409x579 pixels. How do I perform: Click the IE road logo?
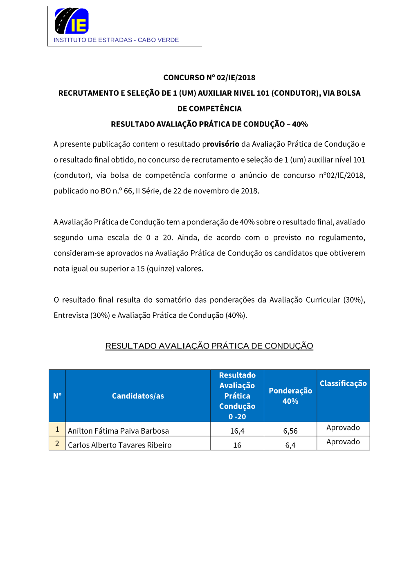click(x=72, y=21)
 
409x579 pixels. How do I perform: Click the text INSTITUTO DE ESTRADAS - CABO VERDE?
click(x=116, y=40)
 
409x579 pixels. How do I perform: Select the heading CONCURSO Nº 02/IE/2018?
click(x=209, y=78)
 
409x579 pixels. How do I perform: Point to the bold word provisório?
click(x=220, y=144)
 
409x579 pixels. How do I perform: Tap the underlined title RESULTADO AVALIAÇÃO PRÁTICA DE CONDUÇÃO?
click(x=209, y=346)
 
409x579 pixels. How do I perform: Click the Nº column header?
click(x=57, y=396)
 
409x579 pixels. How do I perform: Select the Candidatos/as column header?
click(x=138, y=396)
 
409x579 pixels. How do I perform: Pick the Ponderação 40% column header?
click(x=290, y=396)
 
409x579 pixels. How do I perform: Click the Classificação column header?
click(x=343, y=384)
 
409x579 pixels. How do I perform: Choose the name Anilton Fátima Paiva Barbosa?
click(x=118, y=431)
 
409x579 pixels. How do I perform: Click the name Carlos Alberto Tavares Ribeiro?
click(x=120, y=445)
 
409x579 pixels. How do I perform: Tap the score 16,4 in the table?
click(x=237, y=431)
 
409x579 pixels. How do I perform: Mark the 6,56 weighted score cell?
click(x=290, y=431)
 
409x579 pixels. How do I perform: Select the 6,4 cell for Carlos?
click(x=290, y=445)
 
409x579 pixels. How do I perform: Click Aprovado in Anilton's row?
click(x=343, y=427)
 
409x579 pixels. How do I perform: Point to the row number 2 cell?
click(x=57, y=443)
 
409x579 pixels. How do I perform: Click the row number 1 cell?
click(x=57, y=429)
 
